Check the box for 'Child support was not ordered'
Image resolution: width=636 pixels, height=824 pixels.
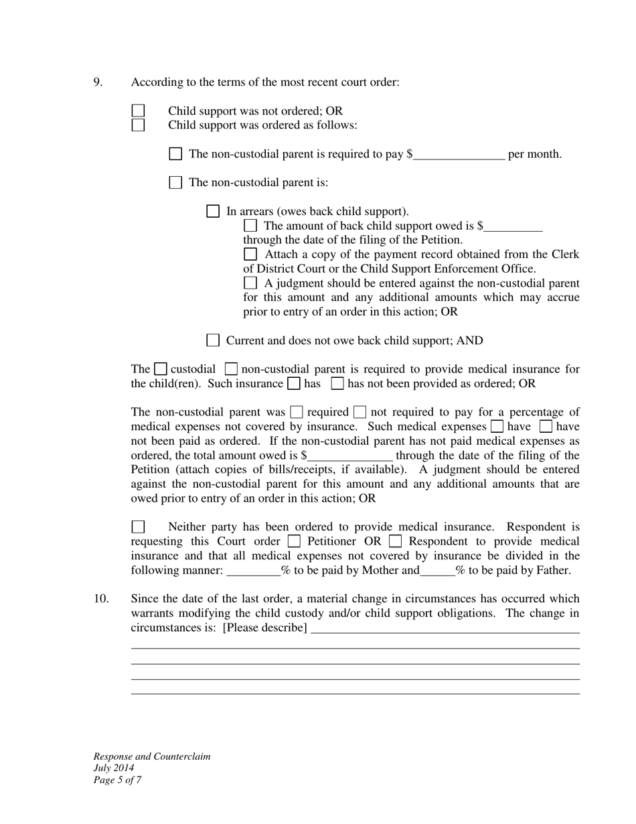click(x=138, y=111)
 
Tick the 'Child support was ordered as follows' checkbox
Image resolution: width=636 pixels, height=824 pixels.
click(x=138, y=125)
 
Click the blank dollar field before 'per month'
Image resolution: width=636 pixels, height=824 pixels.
click(x=459, y=155)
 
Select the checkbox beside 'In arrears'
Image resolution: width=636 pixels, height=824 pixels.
click(x=213, y=211)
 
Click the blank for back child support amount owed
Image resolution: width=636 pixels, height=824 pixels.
click(x=513, y=226)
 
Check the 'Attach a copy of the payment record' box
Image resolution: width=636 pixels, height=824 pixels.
click(x=250, y=254)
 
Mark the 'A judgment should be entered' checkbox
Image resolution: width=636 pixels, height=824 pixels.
click(x=250, y=283)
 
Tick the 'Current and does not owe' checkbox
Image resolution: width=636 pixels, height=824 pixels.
click(x=213, y=340)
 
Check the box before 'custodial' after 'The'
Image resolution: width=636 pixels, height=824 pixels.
click(x=160, y=368)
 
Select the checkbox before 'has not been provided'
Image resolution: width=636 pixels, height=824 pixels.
click(x=337, y=383)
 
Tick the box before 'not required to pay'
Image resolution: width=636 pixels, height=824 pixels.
click(x=360, y=412)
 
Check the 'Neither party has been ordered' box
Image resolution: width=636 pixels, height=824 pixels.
click(x=138, y=527)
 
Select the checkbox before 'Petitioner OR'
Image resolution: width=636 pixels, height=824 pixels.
click(x=293, y=541)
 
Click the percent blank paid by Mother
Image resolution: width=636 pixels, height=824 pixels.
click(x=254, y=571)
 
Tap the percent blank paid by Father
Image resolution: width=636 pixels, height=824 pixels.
click(x=437, y=571)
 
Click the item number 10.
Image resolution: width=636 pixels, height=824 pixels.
click(x=101, y=599)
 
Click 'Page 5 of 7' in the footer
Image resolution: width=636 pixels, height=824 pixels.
click(x=117, y=780)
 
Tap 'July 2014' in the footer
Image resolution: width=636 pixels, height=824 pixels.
click(x=114, y=768)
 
